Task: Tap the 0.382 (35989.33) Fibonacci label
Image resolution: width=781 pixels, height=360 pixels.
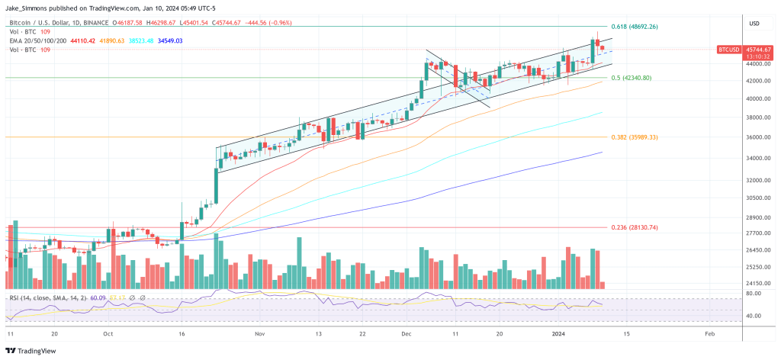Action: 634,137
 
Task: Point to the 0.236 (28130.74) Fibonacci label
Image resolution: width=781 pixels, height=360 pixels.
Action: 634,227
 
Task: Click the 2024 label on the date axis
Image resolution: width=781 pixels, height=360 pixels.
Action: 553,334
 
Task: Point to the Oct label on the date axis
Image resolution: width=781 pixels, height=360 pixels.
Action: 108,334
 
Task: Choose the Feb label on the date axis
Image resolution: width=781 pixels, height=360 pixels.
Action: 710,334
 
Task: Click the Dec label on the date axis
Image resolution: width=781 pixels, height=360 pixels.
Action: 407,334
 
